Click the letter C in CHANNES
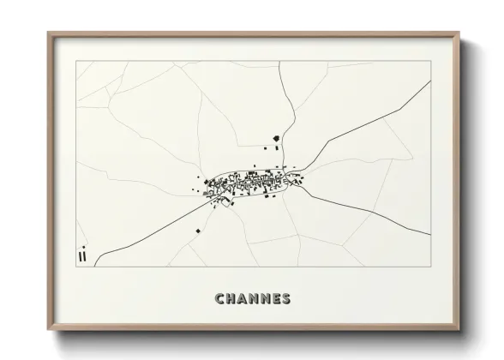point(220,299)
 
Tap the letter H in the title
point(231,299)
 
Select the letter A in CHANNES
point(243,299)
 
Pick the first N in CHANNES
point(255,299)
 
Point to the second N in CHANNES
point(266,299)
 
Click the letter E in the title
point(276,299)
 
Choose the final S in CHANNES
point(286,299)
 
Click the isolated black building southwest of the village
point(197,231)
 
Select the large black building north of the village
point(276,138)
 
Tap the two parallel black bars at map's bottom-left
point(82,255)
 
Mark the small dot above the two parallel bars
point(83,247)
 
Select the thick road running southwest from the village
point(146,231)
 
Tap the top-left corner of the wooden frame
point(49,33)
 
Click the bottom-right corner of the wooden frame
point(460,330)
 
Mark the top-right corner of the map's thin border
point(430,62)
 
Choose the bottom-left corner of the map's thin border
point(76,267)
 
